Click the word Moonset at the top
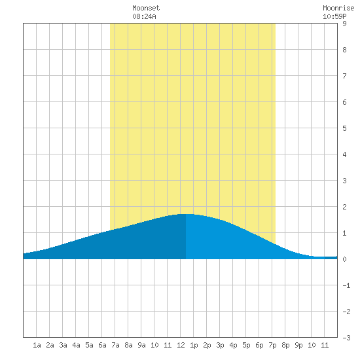146,8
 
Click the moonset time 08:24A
144,16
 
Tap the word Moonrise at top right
338,8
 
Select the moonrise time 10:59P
334,16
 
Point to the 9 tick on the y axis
344,24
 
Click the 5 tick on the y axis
344,128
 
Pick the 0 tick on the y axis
344,259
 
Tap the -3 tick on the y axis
346,338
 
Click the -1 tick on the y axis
346,285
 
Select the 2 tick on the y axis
344,207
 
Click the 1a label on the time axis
37,345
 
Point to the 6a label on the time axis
102,345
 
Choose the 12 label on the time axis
181,345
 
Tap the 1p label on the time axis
194,345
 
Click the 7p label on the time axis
272,345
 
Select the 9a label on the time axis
141,345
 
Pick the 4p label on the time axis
233,345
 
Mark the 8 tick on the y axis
344,50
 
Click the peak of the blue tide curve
187,214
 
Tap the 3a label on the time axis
63,345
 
